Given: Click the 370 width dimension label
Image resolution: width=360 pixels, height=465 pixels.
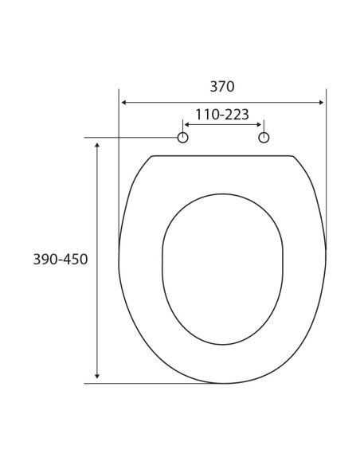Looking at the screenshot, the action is tap(222, 87).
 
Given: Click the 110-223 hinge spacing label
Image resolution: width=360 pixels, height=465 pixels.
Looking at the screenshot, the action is tap(222, 115).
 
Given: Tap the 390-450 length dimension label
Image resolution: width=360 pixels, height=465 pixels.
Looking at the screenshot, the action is tap(61, 260).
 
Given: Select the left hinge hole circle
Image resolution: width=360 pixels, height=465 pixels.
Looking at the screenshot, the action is tap(182, 138).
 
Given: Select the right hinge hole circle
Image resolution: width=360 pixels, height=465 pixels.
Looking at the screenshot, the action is tap(264, 138).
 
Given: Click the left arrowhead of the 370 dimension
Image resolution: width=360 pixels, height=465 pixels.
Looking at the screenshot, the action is tap(124, 103).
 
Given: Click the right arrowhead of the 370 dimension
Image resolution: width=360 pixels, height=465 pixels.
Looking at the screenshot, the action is tap(321, 103).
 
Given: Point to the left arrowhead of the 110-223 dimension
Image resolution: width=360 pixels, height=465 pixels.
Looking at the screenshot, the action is tap(187, 124).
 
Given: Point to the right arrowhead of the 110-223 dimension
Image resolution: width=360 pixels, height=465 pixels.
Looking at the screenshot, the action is tap(259, 124).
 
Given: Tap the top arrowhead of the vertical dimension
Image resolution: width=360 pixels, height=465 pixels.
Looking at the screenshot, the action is tap(96, 145).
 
